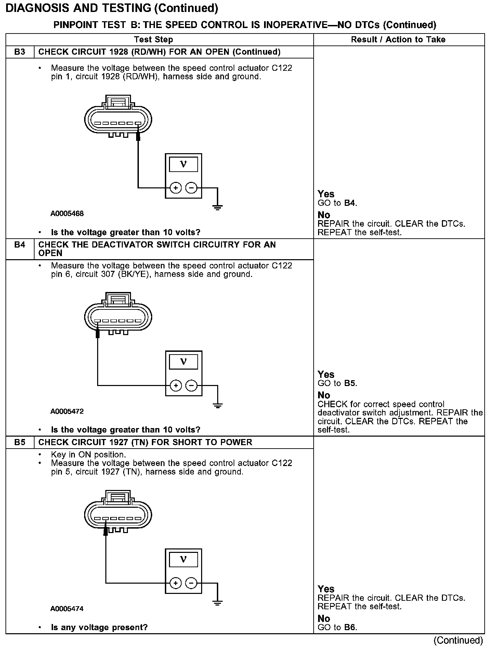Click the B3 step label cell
click(x=20, y=52)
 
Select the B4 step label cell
click(x=20, y=245)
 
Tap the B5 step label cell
click(x=20, y=442)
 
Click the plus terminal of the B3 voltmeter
click(x=175, y=188)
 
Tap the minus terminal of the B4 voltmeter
click(x=191, y=386)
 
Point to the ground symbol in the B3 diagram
click(x=218, y=207)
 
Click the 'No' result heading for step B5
click(x=324, y=619)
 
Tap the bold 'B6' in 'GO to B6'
click(x=350, y=627)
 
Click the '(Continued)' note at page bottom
click(x=458, y=640)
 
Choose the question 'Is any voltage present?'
click(x=99, y=627)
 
